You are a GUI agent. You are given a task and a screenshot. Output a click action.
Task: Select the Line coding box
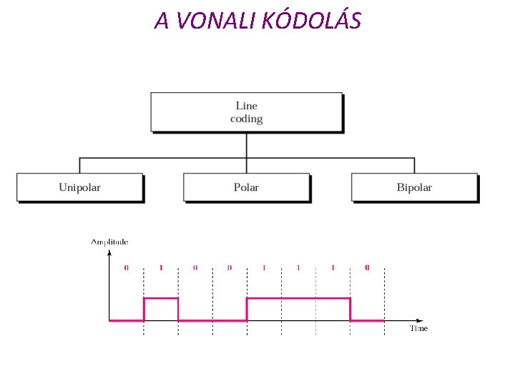(x=246, y=112)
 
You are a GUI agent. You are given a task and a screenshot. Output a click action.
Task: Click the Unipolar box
(x=79, y=187)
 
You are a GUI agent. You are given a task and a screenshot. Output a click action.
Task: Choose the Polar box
(x=246, y=187)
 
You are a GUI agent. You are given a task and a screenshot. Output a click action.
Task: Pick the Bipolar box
(x=414, y=187)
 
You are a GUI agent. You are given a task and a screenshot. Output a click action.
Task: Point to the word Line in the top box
(x=246, y=106)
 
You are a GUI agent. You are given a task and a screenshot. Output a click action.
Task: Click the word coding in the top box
(x=246, y=119)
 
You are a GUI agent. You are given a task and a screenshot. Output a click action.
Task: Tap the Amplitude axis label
(x=109, y=242)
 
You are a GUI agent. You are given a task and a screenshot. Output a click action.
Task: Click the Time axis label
(x=418, y=329)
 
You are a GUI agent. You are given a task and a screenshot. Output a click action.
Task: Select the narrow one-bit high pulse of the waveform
(x=161, y=299)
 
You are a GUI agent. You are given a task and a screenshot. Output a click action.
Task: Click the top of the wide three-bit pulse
(x=298, y=298)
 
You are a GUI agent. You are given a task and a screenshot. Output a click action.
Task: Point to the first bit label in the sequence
(x=126, y=268)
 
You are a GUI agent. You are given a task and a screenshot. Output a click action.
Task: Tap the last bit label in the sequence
(x=367, y=268)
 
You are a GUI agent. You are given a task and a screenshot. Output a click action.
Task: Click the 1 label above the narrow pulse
(x=161, y=268)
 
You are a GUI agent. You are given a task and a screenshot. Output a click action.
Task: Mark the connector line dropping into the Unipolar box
(x=79, y=165)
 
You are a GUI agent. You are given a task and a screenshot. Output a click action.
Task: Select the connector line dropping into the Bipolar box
(x=414, y=165)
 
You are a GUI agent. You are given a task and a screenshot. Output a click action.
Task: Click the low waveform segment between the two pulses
(x=212, y=320)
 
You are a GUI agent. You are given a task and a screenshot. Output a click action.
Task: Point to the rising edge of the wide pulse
(x=247, y=309)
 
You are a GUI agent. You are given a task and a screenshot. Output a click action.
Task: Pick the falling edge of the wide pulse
(x=350, y=309)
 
